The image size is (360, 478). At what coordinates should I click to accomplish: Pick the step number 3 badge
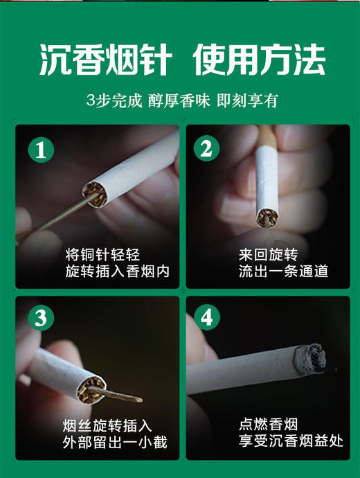point(41,318)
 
